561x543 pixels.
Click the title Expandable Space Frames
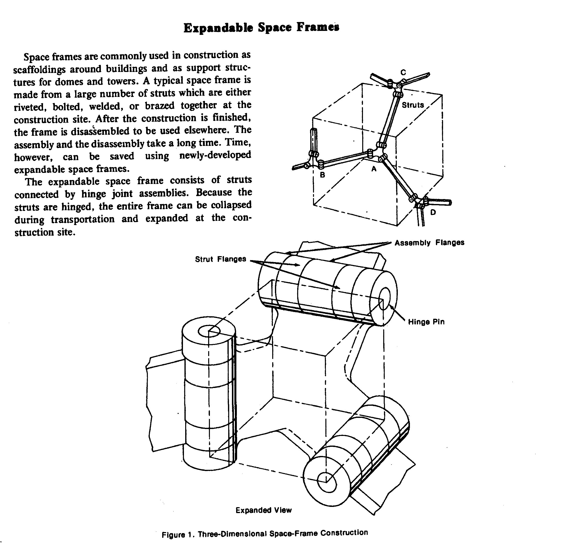(261, 28)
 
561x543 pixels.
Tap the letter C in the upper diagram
(403, 73)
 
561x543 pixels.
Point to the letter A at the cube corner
(374, 169)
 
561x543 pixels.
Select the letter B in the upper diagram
(322, 175)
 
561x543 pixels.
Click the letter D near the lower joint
(433, 212)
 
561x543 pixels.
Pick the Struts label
(412, 105)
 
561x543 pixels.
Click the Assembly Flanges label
(429, 243)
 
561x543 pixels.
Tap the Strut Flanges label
(220, 259)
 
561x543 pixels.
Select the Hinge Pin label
(426, 322)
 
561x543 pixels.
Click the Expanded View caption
(263, 510)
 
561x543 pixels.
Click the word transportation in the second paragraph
(83, 219)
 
